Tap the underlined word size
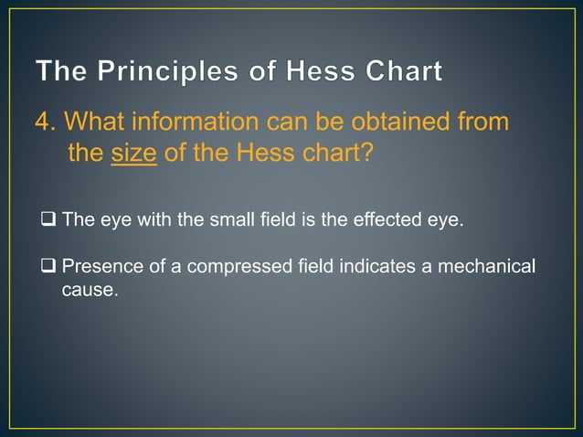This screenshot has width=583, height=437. coord(134,152)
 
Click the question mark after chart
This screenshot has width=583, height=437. coord(366,152)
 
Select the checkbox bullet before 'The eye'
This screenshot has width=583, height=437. coord(48,219)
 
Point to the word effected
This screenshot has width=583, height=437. coord(383,219)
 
